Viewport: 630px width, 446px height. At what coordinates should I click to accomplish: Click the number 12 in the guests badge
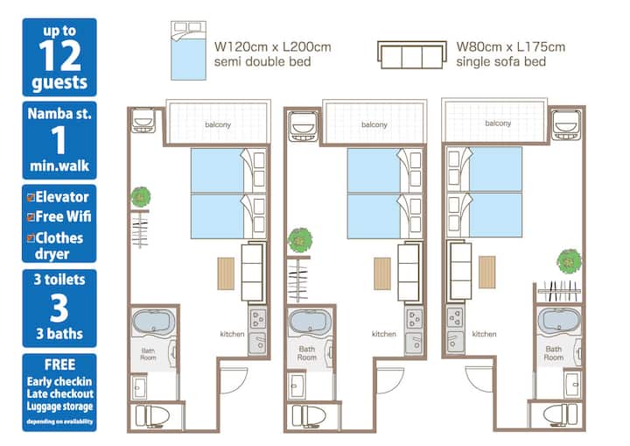pos(59,56)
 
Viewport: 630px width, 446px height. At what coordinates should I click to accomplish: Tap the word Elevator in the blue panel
pos(62,197)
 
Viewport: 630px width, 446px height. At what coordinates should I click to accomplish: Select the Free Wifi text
pos(63,216)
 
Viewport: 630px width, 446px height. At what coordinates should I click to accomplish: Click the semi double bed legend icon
pos(188,51)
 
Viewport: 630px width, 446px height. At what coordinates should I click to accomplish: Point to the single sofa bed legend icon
pos(412,54)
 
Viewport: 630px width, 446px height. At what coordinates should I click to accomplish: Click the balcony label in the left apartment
pos(218,124)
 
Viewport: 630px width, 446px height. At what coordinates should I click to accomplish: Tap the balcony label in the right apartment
pos(498,124)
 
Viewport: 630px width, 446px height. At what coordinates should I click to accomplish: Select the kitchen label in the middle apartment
pos(384,334)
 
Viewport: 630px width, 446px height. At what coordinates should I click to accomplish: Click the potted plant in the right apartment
pos(569,261)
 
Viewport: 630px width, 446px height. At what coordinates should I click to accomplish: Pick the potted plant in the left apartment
pos(141,197)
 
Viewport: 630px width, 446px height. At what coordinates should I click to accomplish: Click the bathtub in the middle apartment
pos(310,322)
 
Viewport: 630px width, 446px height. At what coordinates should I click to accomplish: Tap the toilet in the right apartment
pos(560,414)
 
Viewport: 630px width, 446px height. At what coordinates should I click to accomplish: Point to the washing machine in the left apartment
pos(143,120)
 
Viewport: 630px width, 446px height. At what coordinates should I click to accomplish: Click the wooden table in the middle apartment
pos(382,273)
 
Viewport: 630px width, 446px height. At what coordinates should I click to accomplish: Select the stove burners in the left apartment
pos(257,318)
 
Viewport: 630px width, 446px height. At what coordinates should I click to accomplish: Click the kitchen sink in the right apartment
pos(455,343)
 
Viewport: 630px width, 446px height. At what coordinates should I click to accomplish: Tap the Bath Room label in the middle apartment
pos(307,353)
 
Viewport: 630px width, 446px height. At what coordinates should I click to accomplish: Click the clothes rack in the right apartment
pos(559,291)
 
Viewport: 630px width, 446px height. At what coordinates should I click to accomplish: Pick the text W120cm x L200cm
pos(273,46)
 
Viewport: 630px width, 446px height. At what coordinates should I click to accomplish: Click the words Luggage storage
pos(59,407)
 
